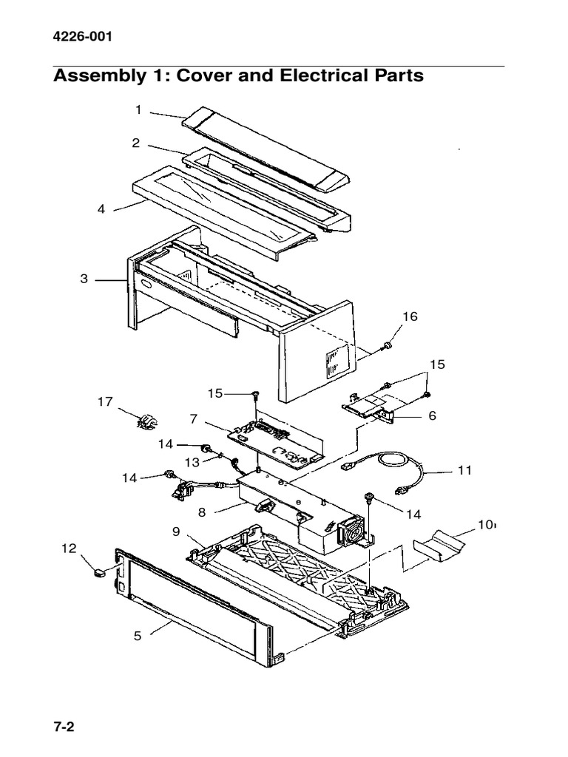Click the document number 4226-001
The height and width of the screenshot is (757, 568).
(83, 38)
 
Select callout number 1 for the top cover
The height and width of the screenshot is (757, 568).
(138, 110)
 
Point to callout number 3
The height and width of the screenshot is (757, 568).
(84, 279)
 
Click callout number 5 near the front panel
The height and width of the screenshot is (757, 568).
(138, 635)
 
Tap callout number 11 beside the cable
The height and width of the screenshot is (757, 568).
(464, 469)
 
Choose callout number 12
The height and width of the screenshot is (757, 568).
(68, 548)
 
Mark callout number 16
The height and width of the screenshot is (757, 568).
(410, 316)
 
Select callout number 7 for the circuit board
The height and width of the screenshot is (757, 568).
(193, 418)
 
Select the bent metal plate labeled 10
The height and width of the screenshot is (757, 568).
(439, 545)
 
